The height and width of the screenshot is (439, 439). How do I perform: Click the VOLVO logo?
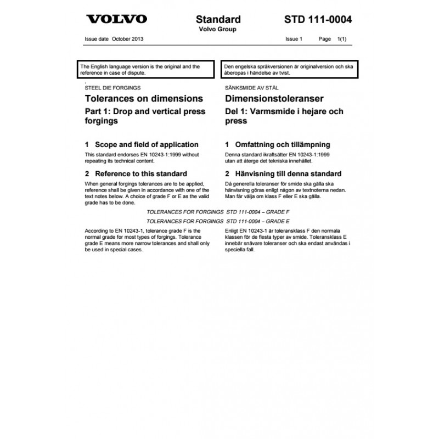pyautogui.click(x=117, y=19)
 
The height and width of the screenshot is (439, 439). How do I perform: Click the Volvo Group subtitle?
pyautogui.click(x=218, y=30)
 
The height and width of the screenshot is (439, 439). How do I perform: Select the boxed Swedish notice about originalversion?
pyautogui.click(x=289, y=69)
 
